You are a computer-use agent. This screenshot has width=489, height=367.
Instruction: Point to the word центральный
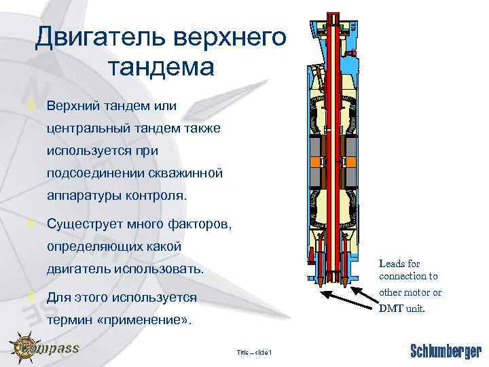pos(91,129)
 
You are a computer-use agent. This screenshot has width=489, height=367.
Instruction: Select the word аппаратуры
pos(87,196)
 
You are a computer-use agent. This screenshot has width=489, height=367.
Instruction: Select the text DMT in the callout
pos(391,308)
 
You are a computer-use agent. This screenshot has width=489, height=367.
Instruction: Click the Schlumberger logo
pos(445,351)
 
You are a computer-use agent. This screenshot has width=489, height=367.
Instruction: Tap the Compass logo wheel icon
pos(26,348)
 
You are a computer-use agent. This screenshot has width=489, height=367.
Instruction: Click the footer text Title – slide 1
pos(253,352)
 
